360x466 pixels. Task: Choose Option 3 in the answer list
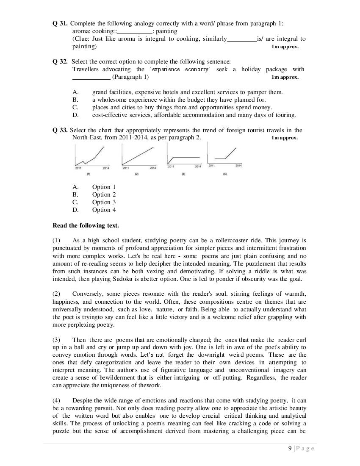104,202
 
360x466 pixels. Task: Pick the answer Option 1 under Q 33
104,187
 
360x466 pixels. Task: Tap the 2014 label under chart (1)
106,169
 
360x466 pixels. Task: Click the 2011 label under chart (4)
212,166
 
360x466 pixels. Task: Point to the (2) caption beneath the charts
136,174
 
